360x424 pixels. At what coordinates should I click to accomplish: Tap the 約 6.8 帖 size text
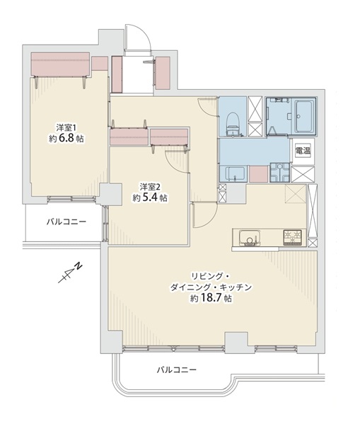pos(66,139)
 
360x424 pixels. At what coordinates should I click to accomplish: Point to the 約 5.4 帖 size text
pos(150,198)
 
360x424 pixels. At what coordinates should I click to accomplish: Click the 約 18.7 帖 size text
pos(211,298)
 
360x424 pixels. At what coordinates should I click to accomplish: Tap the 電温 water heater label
pos(303,151)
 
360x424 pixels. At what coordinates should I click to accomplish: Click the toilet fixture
pos(233,124)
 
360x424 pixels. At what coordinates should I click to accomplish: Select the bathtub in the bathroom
pos(305,115)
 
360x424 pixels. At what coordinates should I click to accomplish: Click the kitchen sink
pos(250,237)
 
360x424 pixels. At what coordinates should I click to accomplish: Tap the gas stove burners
pos(292,237)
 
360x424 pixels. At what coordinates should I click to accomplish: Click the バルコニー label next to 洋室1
pos(66,222)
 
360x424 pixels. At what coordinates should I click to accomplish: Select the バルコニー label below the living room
pos(177,369)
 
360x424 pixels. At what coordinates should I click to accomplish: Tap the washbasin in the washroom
pos(233,174)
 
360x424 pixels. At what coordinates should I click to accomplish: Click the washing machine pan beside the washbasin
pos(280,173)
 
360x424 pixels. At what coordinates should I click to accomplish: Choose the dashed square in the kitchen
pos(296,194)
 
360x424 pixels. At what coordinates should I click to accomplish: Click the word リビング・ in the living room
pos(211,276)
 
